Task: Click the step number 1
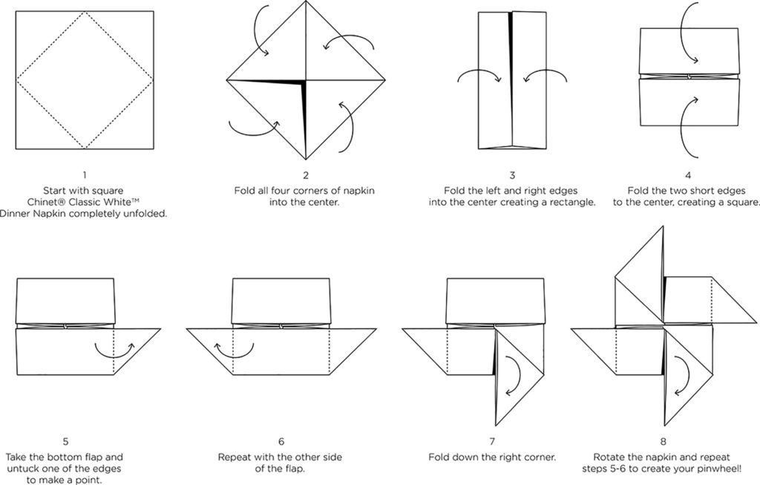pyautogui.click(x=84, y=175)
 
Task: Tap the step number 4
pyautogui.click(x=688, y=175)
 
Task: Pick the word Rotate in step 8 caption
pyautogui.click(x=611, y=457)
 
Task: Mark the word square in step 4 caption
pyautogui.click(x=742, y=202)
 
